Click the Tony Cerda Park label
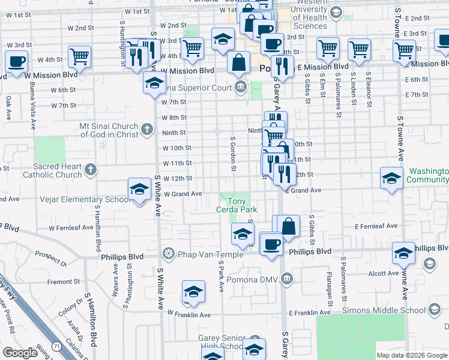pos(237,205)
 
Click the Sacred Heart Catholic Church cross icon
pos(91,169)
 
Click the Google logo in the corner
pos(20,353)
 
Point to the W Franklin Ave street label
pos(189,314)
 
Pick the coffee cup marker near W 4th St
pos(16,61)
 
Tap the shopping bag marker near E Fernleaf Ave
pos(289,226)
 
